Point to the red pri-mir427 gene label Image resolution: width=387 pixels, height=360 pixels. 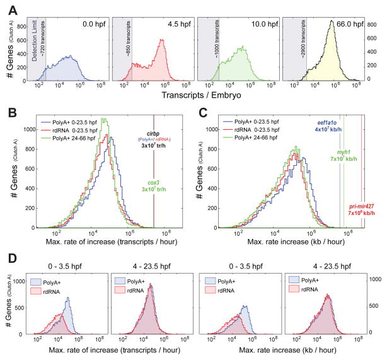[x=364, y=206]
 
